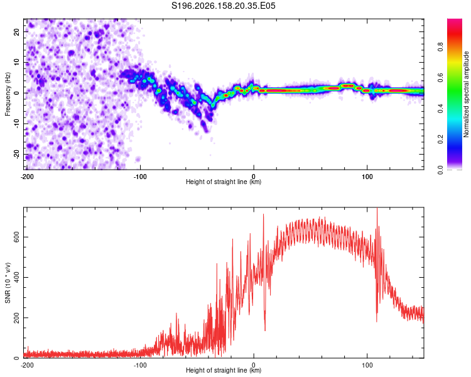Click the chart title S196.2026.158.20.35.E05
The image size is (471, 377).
(223, 6)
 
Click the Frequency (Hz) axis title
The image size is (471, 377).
(8, 94)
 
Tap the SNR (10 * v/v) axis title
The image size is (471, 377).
(8, 283)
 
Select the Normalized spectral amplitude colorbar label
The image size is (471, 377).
(466, 94)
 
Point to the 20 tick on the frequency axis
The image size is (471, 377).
(17, 32)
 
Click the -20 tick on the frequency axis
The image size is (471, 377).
(17, 154)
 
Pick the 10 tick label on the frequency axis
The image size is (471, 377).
(17, 62)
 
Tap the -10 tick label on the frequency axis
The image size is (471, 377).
(17, 124)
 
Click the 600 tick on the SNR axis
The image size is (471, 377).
(17, 238)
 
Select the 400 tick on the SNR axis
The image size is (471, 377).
(17, 278)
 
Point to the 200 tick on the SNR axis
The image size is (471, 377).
(17, 318)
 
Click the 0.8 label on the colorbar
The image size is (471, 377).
(440, 47)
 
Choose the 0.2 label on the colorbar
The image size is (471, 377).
(440, 139)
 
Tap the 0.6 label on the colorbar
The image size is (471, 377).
(440, 77)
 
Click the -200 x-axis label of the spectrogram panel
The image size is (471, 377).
(27, 177)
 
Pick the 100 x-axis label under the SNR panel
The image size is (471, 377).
(367, 365)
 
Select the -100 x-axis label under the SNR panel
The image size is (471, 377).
(140, 365)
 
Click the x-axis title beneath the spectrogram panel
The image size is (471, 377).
(224, 182)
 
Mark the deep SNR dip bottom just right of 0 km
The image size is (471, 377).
(265, 330)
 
